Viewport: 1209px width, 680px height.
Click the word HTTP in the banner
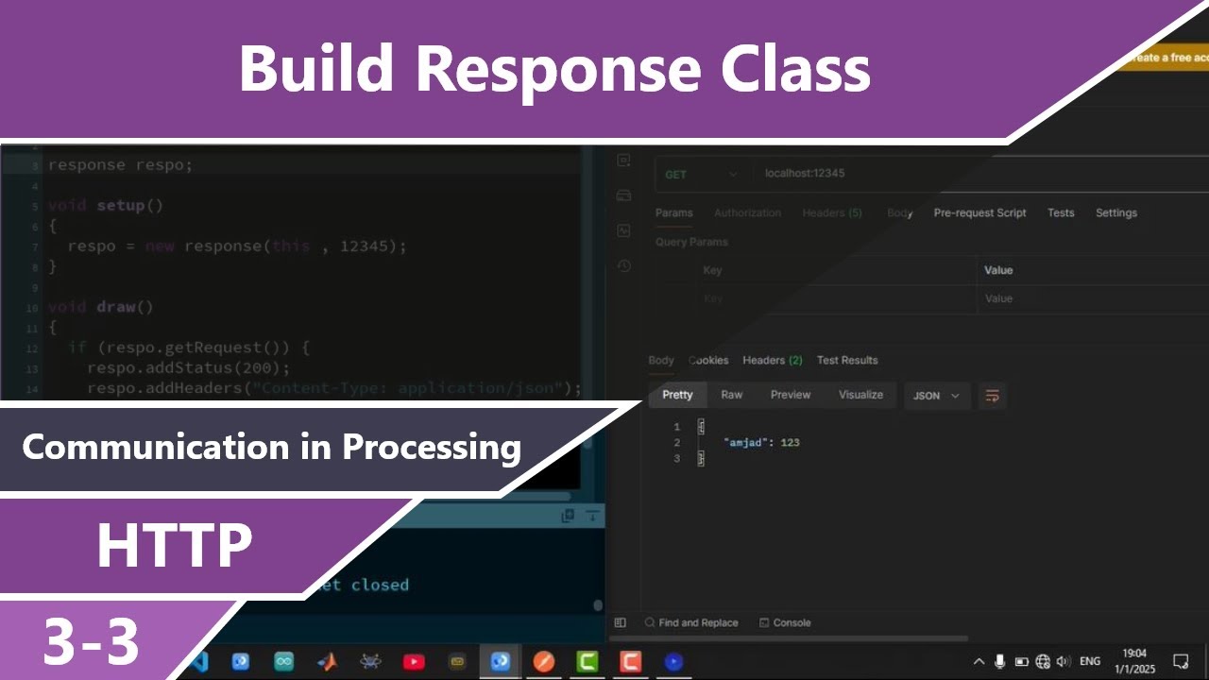point(174,545)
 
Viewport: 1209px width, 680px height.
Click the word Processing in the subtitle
point(431,447)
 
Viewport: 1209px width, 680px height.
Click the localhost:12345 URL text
point(805,174)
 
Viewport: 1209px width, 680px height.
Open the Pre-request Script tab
point(979,213)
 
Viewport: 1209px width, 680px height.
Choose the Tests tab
point(1061,213)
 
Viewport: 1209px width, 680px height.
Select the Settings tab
point(1115,213)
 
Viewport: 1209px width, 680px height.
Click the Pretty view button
point(677,395)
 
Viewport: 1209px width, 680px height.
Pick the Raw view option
point(731,395)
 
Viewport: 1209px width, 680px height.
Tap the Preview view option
point(791,395)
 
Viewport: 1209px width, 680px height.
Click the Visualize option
point(860,395)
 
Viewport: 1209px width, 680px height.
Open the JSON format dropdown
point(935,396)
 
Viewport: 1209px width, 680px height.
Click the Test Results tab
point(847,361)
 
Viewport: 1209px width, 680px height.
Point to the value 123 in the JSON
point(790,443)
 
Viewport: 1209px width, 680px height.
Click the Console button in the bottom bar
point(792,623)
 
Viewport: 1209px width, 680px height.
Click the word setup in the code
point(120,205)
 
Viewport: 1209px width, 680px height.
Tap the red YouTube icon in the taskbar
point(414,662)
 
